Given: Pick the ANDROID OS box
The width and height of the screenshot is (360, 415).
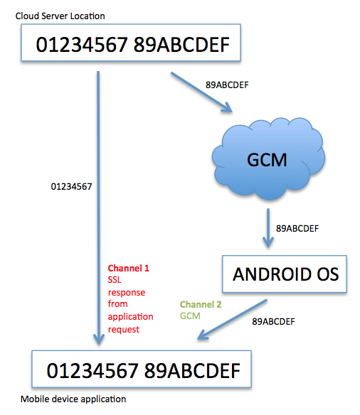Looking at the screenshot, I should click(x=285, y=274).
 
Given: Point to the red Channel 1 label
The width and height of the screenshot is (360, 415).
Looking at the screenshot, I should click(x=128, y=269).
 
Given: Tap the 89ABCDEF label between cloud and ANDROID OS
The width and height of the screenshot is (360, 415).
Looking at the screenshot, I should click(x=297, y=228).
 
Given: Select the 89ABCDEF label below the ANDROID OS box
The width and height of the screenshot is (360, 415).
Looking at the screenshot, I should click(x=275, y=321).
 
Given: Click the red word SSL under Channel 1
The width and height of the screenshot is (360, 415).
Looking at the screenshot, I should click(x=115, y=280).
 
